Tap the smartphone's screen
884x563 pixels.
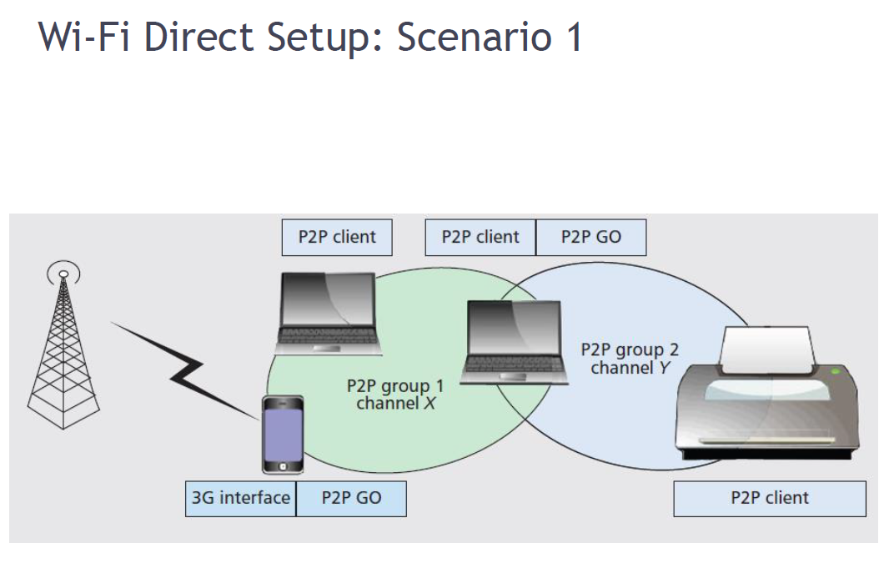284,430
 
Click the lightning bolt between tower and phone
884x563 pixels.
188,372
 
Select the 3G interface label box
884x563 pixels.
241,498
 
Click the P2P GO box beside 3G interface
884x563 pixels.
351,498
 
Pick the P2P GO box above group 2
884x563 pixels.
590,237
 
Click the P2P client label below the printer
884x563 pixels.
769,499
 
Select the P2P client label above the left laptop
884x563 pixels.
337,237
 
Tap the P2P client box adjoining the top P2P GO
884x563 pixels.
480,237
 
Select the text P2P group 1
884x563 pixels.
395,386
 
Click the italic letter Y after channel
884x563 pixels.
665,367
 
